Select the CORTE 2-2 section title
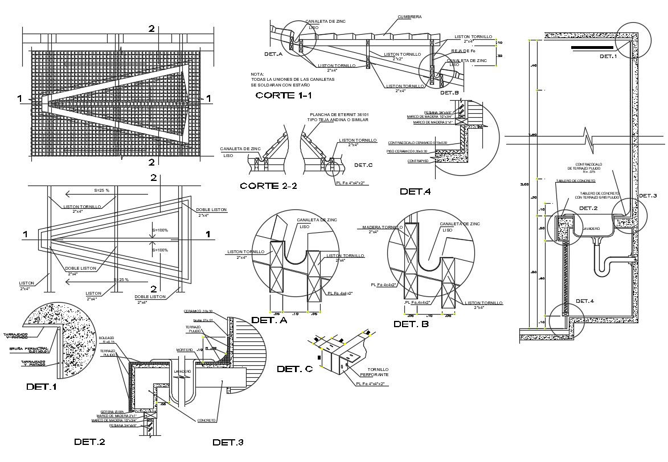pos(269,186)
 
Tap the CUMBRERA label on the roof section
pos(409,17)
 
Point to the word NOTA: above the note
pos(257,74)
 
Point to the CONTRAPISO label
pos(419,161)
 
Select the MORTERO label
pos(184,349)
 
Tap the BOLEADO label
pos(107,337)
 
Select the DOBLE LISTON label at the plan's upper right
pos(211,210)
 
